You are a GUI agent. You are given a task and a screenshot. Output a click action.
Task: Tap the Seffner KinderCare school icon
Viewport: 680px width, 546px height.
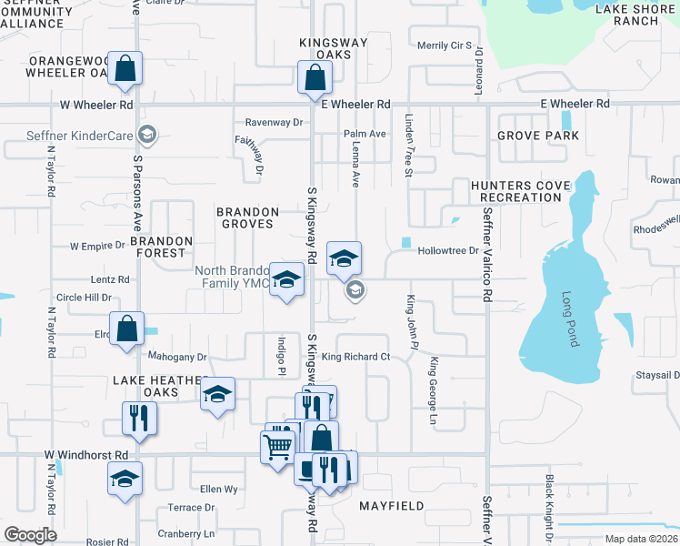tap(145, 136)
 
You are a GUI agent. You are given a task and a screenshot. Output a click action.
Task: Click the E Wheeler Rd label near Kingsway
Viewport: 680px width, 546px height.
tap(355, 105)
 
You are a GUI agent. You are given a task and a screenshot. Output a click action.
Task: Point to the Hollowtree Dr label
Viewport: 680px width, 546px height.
tap(448, 251)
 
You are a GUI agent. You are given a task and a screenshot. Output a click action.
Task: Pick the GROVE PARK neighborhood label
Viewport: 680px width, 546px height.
tap(538, 136)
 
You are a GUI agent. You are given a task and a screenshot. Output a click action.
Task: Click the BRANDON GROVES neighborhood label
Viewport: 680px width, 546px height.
tap(245, 217)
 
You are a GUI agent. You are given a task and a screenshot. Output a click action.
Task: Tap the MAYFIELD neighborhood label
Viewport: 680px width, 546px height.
tap(393, 504)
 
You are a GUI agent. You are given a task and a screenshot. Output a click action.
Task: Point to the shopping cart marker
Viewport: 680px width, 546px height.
tap(277, 446)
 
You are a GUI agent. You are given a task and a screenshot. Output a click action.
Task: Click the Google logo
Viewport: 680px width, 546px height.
tap(30, 534)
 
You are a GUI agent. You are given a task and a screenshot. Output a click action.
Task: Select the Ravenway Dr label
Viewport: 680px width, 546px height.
tap(274, 122)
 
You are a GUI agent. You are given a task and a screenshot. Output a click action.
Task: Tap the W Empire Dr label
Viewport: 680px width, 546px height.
tap(97, 246)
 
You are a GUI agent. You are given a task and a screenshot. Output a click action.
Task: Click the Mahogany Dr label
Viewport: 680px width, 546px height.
tap(177, 358)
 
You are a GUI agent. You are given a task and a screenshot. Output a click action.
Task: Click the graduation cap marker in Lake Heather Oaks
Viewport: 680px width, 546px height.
tap(217, 394)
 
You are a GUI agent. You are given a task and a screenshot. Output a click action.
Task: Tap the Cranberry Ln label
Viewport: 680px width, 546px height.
tap(185, 533)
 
